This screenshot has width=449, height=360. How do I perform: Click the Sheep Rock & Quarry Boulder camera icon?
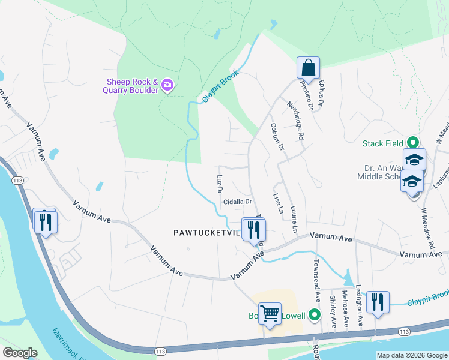click(167, 86)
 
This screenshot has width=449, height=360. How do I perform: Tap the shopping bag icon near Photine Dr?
click(308, 67)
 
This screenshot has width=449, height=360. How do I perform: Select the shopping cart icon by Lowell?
click(270, 313)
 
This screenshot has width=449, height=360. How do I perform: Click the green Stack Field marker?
click(412, 143)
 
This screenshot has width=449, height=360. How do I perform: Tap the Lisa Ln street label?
click(277, 204)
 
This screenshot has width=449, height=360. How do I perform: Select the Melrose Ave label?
click(345, 308)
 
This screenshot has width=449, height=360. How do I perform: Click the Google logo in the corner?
click(20, 353)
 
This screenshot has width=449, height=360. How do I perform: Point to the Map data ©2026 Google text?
click(412, 355)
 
